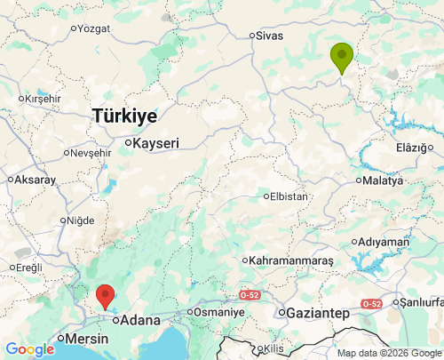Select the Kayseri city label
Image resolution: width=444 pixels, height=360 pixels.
156,143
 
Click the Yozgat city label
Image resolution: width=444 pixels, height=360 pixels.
95,28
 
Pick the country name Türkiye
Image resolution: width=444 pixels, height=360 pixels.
125,116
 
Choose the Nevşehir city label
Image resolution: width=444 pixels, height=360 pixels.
91,153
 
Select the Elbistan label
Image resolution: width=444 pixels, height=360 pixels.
289,196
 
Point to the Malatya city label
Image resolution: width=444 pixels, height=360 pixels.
387,180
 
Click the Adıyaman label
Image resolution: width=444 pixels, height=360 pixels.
385,242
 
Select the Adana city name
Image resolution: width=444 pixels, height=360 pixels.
141,320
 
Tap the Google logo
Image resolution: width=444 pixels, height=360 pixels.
29,349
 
